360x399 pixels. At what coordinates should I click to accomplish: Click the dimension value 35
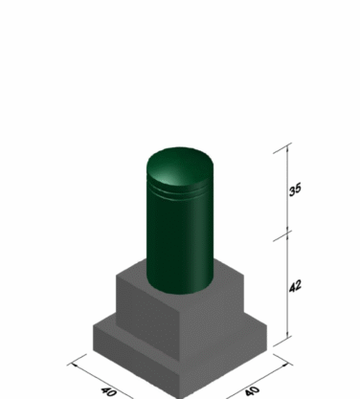coord(295,189)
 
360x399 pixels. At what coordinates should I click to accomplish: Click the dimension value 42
coord(295,286)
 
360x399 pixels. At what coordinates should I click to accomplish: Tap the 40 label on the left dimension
coord(108,391)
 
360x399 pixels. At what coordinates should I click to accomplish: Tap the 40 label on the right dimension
coord(252,390)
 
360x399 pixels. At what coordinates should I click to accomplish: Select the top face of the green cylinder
coord(180,166)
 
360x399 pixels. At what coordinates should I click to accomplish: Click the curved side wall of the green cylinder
coord(180,242)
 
